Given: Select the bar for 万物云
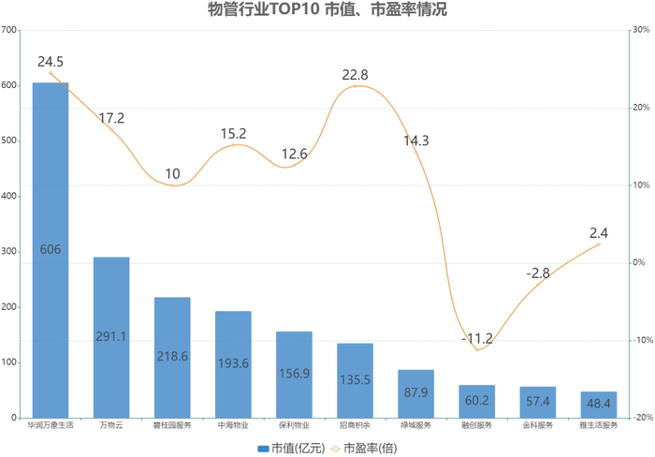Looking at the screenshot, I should point(111,337).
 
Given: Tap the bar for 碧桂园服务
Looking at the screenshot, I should point(172,357).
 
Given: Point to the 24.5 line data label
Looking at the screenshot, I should point(51,62).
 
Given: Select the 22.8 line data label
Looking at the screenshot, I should point(355,75).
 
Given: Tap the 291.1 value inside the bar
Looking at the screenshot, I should point(111,335).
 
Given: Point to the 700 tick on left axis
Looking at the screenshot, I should point(10,30).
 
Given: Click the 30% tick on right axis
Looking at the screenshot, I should point(642,30).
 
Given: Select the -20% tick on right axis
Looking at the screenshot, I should point(641,418).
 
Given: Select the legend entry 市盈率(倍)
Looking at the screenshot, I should point(362,447).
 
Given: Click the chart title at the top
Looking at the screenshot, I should point(327,10).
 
